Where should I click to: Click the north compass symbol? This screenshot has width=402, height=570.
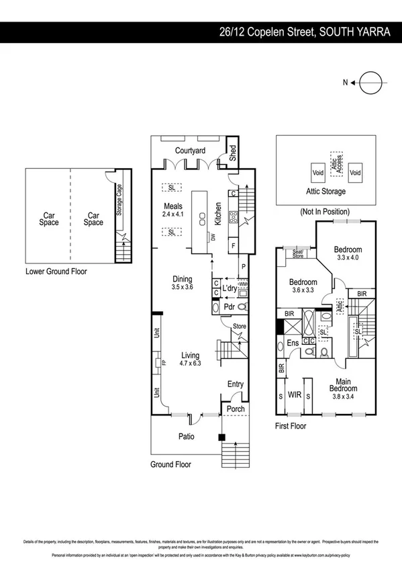(x=369, y=83)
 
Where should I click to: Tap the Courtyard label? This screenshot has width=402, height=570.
(x=190, y=151)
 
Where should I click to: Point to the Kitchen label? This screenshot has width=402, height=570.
(x=218, y=214)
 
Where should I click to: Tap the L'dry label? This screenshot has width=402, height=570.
(x=230, y=289)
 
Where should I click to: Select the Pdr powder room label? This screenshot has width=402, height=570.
(x=228, y=307)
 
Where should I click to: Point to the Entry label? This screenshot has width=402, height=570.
(x=236, y=384)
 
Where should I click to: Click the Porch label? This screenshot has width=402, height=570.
(x=235, y=409)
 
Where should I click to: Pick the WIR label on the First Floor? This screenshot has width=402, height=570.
(x=294, y=395)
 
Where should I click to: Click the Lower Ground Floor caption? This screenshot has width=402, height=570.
(x=56, y=272)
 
